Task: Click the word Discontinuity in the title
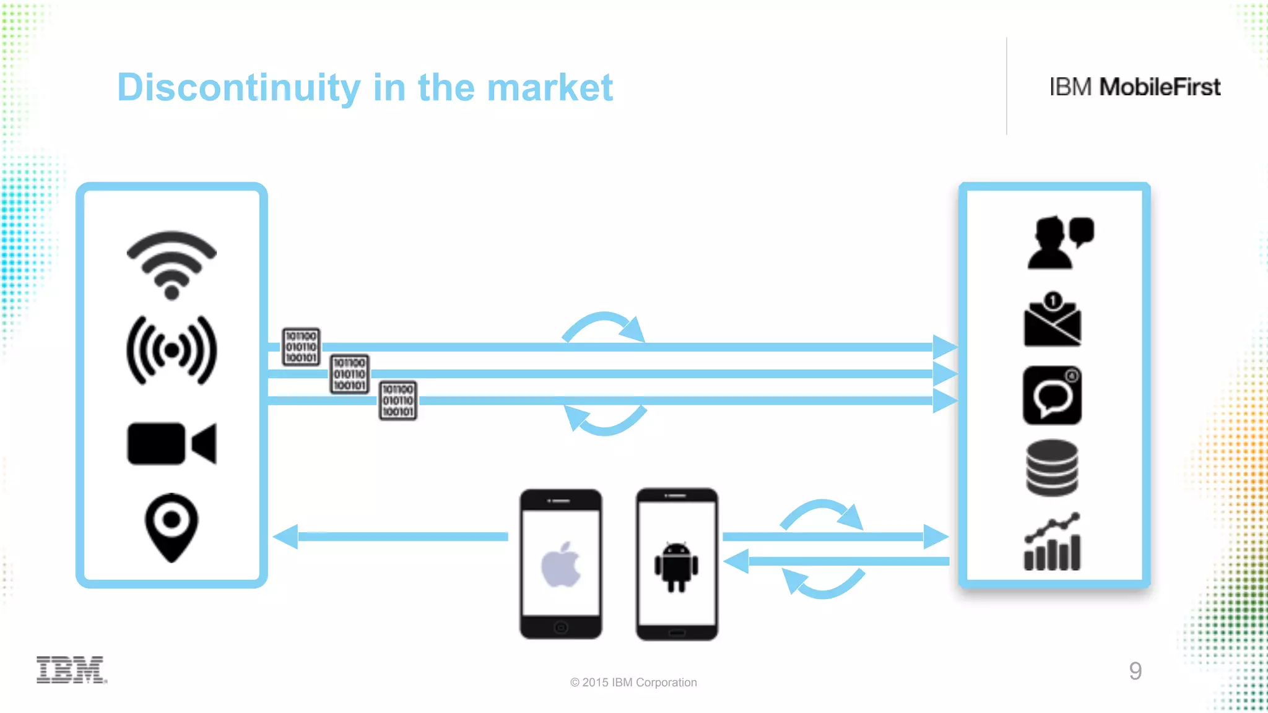[x=238, y=87]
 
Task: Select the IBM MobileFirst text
[x=1134, y=87]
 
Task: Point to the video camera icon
[x=172, y=443]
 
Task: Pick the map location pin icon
[x=172, y=527]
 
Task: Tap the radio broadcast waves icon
[x=172, y=350]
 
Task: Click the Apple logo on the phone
[x=561, y=564]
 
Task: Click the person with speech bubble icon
[x=1058, y=242]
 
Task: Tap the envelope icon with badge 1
[x=1053, y=321]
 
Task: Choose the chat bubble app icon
[x=1052, y=395]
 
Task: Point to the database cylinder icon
[x=1052, y=468]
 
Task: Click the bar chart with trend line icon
[x=1052, y=542]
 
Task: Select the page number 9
[x=1135, y=671]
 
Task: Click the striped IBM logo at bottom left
[x=71, y=670]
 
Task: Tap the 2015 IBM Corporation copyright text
[x=633, y=682]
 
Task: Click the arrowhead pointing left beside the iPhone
[x=286, y=537]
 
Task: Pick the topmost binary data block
[x=301, y=347]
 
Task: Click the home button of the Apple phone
[x=561, y=627]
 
